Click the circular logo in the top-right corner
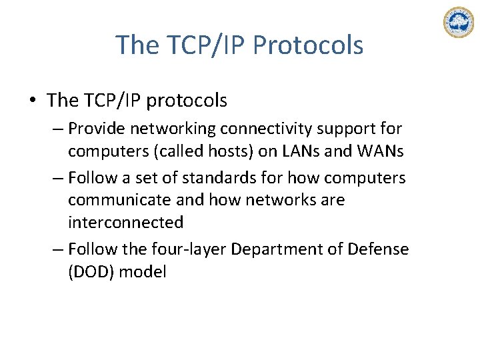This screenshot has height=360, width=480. pyautogui.click(x=458, y=22)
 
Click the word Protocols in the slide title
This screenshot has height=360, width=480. pyautogui.click(x=309, y=45)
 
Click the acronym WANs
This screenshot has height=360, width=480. pyautogui.click(x=379, y=151)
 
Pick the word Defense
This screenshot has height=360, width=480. pyautogui.click(x=378, y=249)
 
